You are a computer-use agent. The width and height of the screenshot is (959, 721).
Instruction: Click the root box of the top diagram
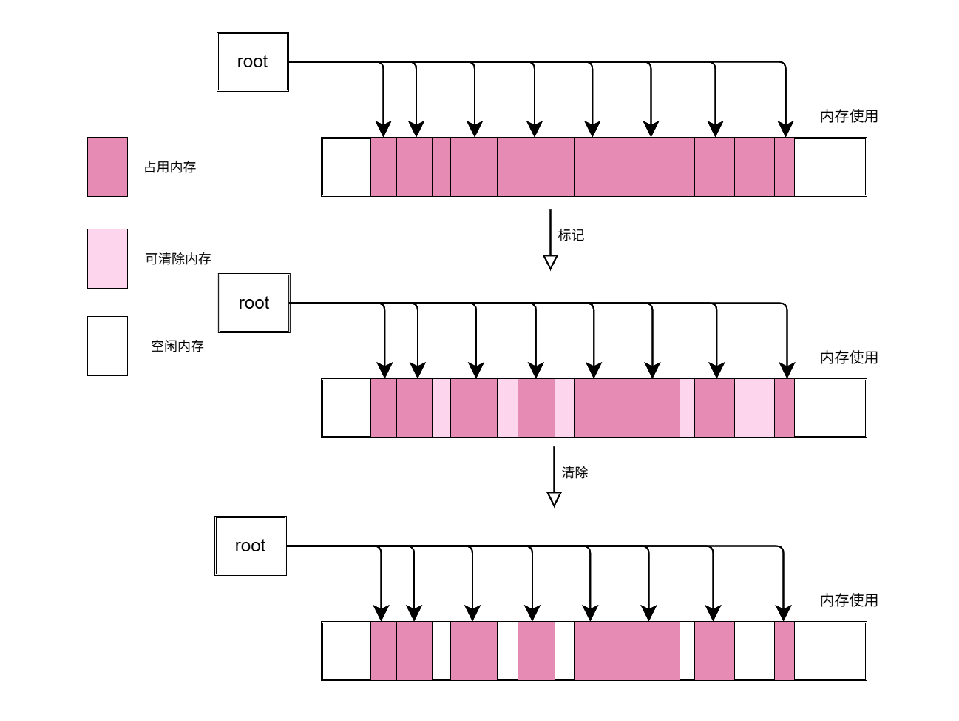pos(252,62)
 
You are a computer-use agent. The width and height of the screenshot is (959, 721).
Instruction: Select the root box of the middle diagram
pos(254,303)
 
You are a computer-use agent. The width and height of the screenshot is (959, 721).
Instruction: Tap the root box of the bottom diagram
pos(250,546)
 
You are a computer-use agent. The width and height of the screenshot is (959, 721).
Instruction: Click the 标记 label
pos(571,235)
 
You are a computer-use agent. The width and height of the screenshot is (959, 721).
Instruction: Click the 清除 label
pos(575,473)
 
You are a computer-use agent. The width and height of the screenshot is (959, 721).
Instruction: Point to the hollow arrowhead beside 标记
pos(550,262)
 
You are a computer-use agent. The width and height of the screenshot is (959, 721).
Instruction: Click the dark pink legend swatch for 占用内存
pos(107,167)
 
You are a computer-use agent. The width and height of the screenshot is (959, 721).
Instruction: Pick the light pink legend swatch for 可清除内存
pos(107,258)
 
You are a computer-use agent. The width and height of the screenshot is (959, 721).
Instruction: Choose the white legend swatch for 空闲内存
pos(107,346)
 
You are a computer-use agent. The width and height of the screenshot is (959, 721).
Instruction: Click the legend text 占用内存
pos(170,167)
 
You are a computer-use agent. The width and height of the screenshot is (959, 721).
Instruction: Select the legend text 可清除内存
pos(178,259)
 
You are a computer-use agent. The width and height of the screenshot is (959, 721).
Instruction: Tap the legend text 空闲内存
pos(177,346)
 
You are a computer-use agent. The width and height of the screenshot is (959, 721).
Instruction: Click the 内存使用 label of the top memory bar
pos(849,116)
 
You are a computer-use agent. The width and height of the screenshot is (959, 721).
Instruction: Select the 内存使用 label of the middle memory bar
pos(849,358)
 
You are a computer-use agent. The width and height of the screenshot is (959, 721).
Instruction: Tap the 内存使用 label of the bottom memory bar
pos(849,600)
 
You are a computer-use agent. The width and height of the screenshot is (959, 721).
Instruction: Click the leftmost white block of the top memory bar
pos(347,167)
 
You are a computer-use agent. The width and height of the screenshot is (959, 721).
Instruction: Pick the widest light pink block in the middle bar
pos(754,409)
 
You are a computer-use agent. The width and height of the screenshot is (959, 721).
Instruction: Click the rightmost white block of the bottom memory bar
pos(830,651)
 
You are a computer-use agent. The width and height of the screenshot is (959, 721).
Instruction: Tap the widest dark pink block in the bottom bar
pos(646,651)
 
